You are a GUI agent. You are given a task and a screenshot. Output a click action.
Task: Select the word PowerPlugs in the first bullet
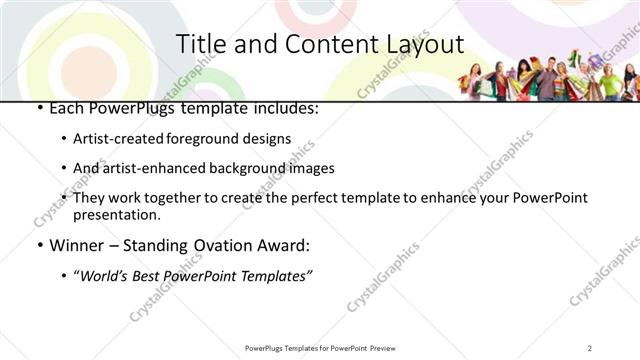[x=126, y=108]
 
